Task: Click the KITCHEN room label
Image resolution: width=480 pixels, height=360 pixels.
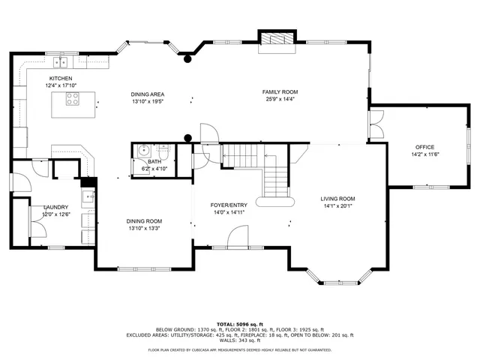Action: [60, 78]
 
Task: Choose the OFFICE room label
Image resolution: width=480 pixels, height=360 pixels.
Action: [424, 147]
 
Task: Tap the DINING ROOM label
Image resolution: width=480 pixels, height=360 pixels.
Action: [144, 220]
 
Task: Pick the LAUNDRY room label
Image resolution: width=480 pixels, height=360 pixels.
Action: [56, 207]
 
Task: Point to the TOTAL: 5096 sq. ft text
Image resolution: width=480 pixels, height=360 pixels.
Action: [240, 323]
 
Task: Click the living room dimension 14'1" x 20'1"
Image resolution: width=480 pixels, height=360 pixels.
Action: [337, 205]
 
